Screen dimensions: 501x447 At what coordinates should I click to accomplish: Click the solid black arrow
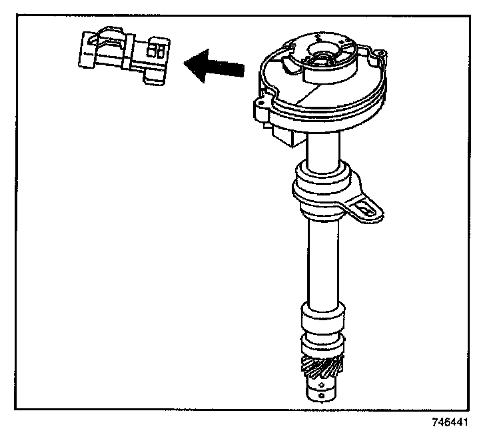[x=215, y=67]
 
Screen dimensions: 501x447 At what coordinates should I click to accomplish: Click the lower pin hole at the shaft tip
[x=322, y=396]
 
